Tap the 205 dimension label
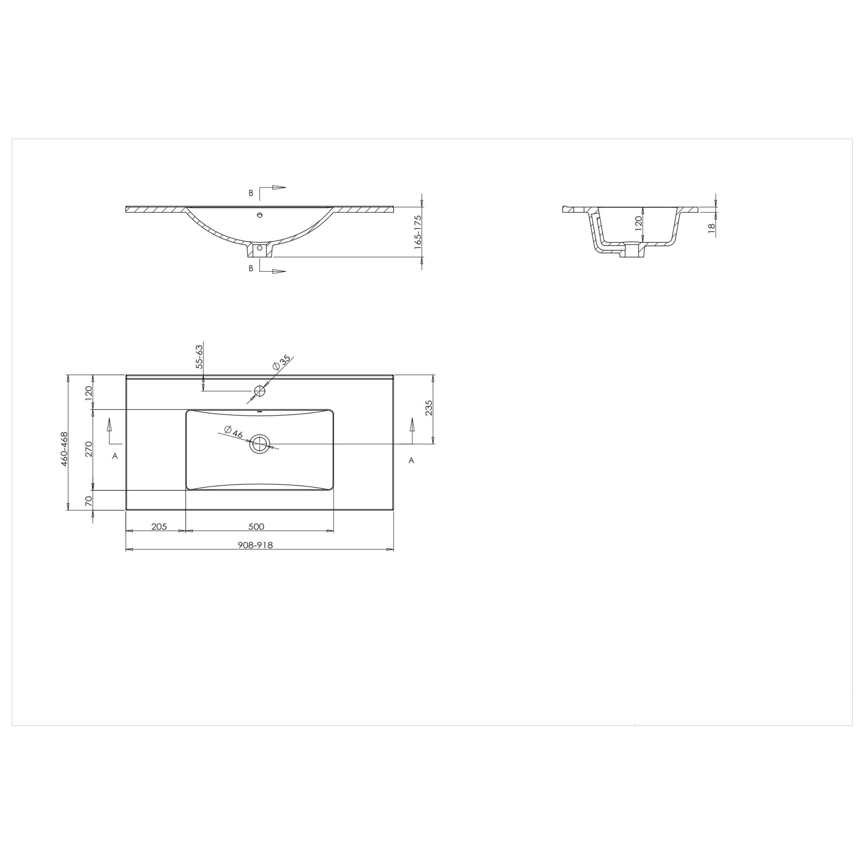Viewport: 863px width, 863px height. click(x=159, y=526)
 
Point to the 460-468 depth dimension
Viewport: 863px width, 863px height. click(x=64, y=449)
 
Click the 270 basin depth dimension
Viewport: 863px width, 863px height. click(x=88, y=449)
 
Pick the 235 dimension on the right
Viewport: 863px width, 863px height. click(x=428, y=408)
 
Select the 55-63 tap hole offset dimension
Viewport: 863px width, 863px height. click(x=199, y=356)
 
